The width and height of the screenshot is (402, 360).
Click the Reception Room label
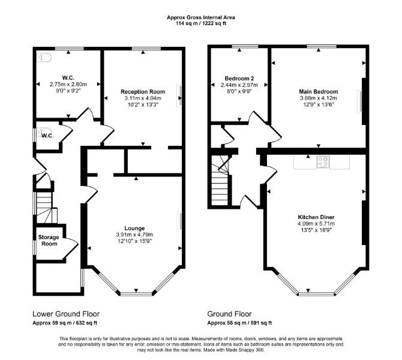point(143,92)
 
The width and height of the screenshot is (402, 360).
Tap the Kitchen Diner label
point(316,217)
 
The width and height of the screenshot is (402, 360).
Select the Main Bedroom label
point(319,92)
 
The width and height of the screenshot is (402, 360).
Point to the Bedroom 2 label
point(239,79)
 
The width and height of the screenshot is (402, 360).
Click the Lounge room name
point(134,228)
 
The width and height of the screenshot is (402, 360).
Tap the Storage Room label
point(49,241)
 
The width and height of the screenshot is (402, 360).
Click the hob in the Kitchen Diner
point(323,162)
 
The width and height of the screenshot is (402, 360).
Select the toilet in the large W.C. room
point(44,58)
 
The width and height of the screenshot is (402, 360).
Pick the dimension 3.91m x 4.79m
point(134,235)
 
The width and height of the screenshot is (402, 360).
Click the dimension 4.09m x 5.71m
point(316,224)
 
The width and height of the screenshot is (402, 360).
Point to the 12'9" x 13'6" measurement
point(319,104)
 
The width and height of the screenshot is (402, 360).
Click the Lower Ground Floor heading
point(66,314)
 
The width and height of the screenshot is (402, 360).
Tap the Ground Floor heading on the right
point(229,314)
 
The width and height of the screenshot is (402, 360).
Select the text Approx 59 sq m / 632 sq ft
point(65,323)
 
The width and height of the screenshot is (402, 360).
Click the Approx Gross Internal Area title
point(201,17)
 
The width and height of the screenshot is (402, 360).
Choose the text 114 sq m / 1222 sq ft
point(201,23)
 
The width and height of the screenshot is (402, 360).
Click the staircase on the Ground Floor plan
point(220,180)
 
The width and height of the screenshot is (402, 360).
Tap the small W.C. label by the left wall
point(47,136)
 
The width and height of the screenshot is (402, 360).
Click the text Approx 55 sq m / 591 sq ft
point(239,323)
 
